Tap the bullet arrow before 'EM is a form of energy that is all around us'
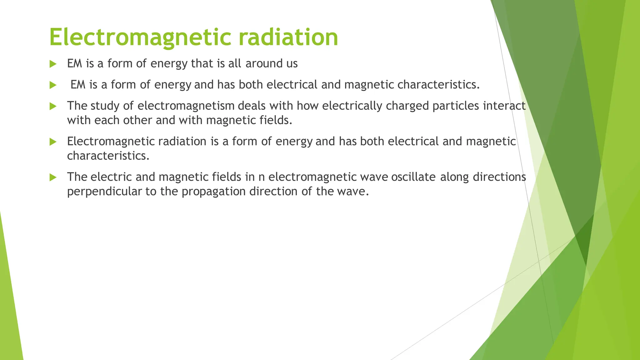(x=53, y=64)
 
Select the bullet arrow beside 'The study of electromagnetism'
(x=53, y=106)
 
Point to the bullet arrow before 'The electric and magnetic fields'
(x=53, y=177)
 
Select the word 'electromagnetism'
(x=186, y=106)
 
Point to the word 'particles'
(x=456, y=106)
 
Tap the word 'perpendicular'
(x=104, y=192)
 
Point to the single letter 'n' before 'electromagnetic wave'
(x=262, y=177)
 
